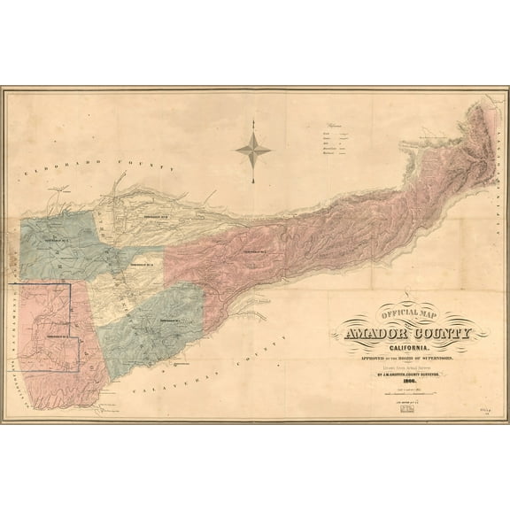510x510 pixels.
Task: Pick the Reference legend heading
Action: pyautogui.click(x=336, y=126)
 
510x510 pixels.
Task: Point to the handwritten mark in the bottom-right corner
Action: pyautogui.click(x=483, y=411)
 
